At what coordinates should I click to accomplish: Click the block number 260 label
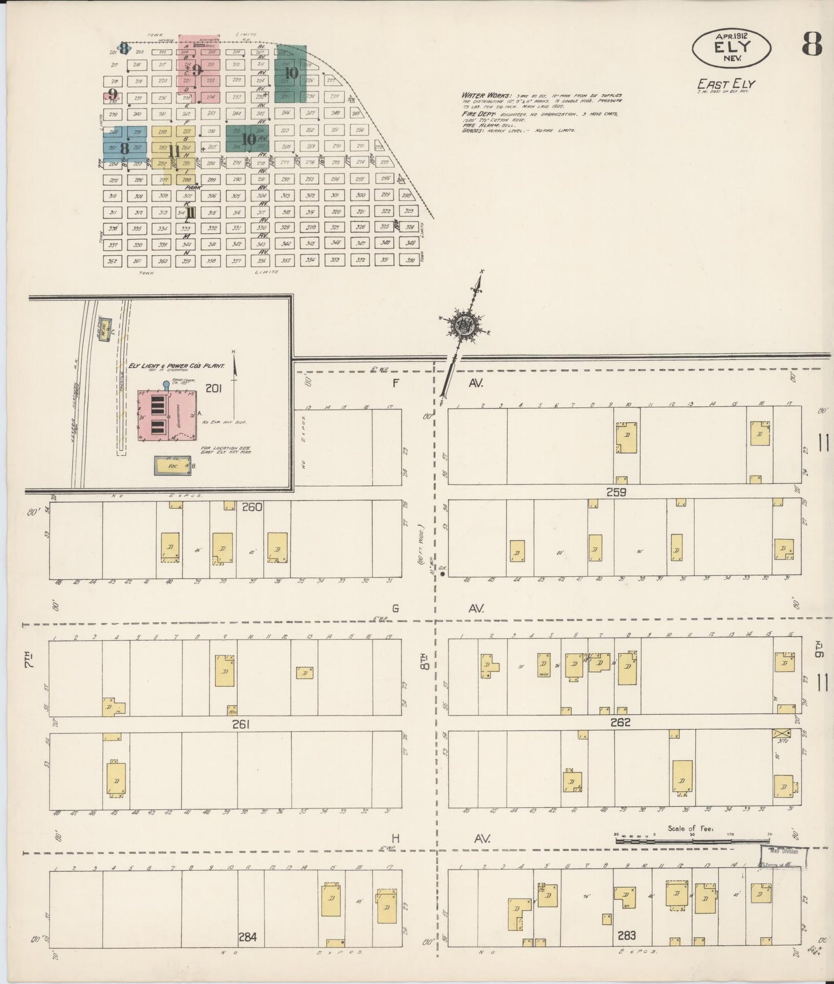[x=252, y=507]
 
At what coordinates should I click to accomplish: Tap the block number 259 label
[x=616, y=493]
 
